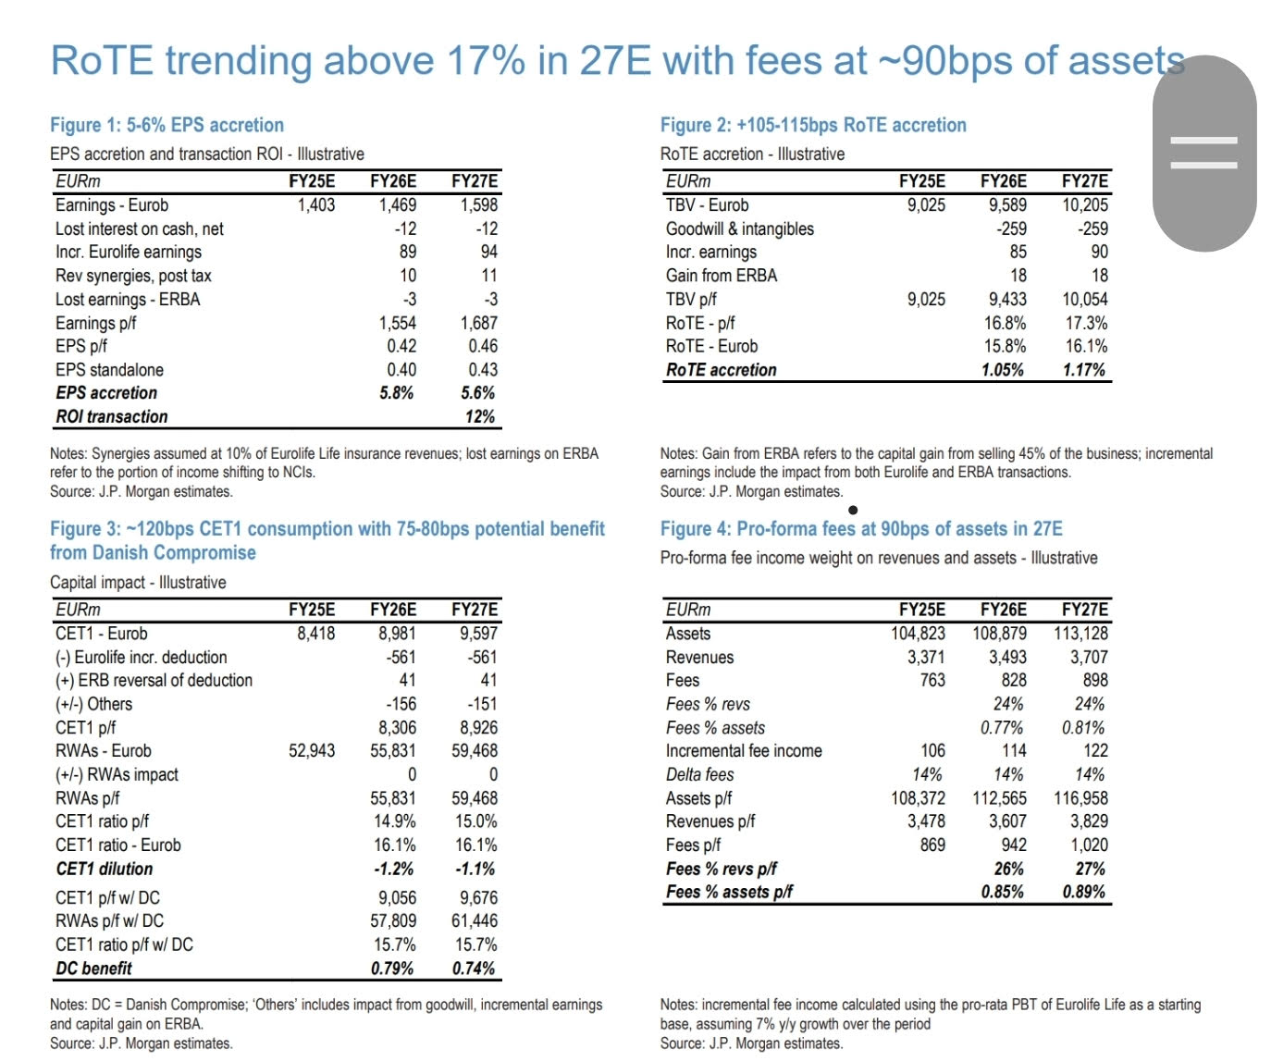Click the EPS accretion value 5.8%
coord(396,393)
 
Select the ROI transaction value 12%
coord(480,417)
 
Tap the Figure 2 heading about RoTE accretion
coord(812,125)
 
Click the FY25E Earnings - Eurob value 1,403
coord(315,205)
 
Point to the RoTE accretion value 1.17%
coord(1084,370)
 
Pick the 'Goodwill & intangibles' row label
coord(739,229)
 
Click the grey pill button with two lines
coord(1203,154)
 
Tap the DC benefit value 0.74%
coord(475,968)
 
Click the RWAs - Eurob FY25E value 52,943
coord(312,751)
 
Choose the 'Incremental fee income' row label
coord(743,751)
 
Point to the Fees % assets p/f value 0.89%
coord(1084,893)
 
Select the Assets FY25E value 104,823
coord(918,634)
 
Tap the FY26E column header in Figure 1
coord(393,181)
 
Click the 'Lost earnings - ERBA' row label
coord(128,300)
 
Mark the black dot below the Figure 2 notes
coord(852,510)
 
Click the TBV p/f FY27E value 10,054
coord(1084,300)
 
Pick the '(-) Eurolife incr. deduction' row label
coord(141,658)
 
